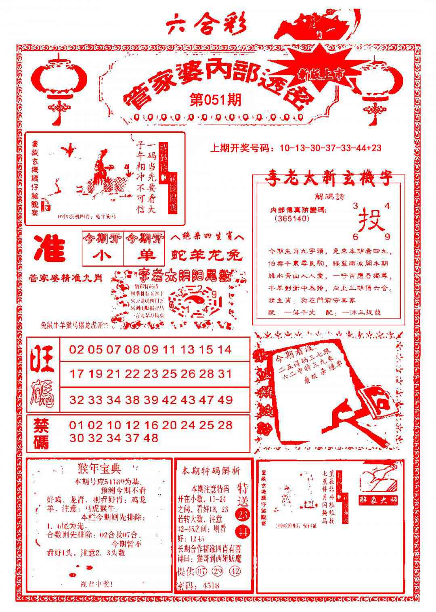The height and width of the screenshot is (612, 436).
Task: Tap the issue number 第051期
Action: (x=216, y=99)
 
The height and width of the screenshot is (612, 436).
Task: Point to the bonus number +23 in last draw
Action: (x=374, y=148)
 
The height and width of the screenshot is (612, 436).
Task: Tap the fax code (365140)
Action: (x=291, y=218)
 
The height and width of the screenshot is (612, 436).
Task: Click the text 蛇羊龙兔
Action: (x=207, y=255)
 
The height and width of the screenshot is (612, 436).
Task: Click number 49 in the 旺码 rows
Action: (x=225, y=400)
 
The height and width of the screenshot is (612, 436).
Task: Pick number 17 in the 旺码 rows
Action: (x=76, y=374)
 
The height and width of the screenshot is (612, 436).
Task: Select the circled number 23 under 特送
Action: (x=243, y=514)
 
